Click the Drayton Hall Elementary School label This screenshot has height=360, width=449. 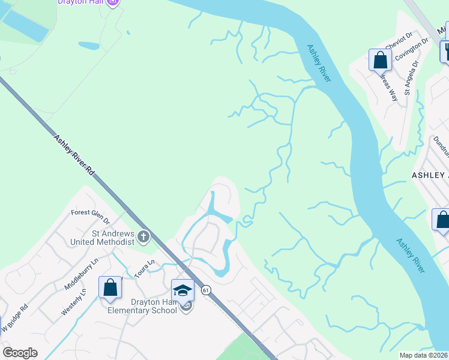coord(142,306)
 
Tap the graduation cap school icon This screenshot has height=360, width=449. coord(183,290)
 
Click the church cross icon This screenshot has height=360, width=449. coord(143,237)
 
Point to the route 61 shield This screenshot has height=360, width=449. coord(206,290)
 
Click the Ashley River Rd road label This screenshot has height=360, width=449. coord(74,154)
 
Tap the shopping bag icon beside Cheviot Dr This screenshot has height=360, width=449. coord(380,60)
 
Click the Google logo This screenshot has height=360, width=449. coord(20,353)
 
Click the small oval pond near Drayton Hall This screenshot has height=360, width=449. coord(89,45)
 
